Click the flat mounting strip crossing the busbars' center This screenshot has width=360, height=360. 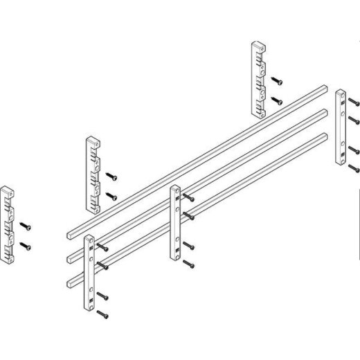tap(174, 222)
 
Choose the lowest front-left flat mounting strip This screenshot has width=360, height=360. tap(89, 273)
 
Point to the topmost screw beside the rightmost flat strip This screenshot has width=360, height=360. tap(352, 102)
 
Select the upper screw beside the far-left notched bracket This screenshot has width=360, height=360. tap(26, 226)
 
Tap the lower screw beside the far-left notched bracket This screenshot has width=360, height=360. tap(26, 246)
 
